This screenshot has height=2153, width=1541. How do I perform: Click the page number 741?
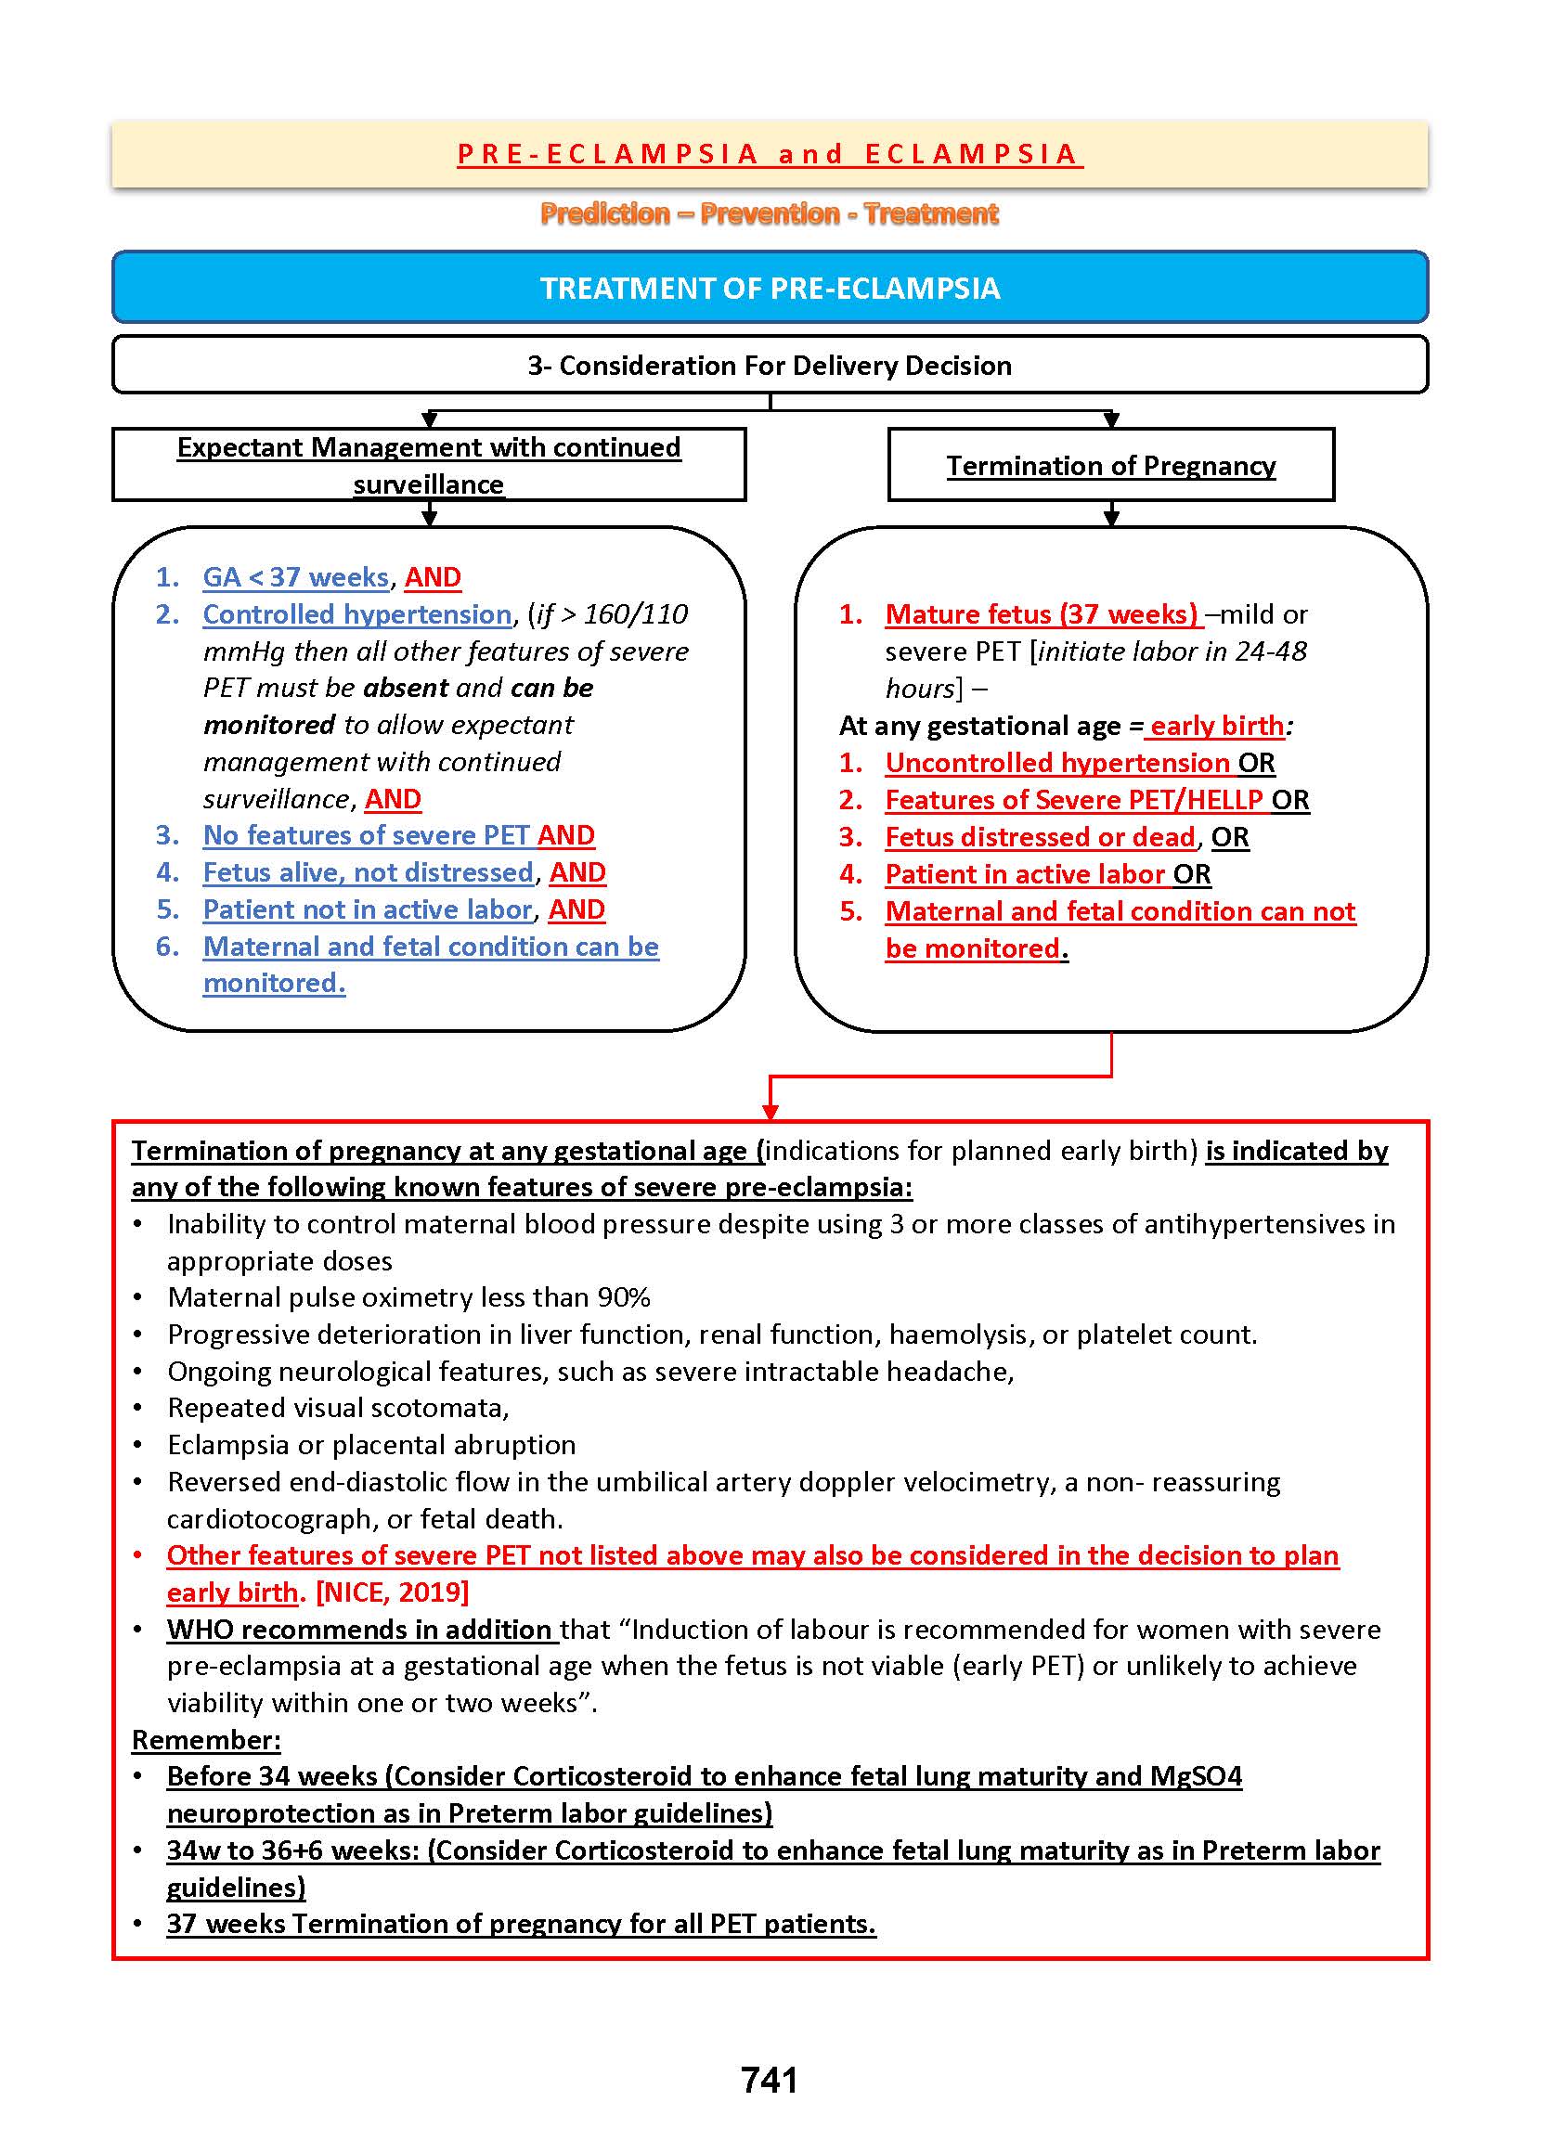(769, 2079)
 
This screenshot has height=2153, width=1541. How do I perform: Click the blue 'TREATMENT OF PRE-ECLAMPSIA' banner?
(770, 288)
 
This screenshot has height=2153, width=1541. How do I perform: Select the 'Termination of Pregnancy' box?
(1110, 465)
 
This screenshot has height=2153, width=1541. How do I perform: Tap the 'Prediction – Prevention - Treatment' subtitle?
(769, 213)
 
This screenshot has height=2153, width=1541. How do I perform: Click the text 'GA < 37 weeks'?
(296, 576)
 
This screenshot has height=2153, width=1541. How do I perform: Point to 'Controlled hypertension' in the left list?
(357, 613)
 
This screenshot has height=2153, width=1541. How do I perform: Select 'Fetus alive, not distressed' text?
(369, 871)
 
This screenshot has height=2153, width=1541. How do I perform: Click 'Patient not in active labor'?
(368, 909)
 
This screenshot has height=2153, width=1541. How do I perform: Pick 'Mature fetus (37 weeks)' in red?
(1041, 613)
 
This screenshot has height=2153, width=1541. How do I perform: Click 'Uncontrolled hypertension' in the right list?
(1057, 763)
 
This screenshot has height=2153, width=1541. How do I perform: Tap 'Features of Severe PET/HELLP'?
(1073, 800)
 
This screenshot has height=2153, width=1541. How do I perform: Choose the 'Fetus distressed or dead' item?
(1039, 836)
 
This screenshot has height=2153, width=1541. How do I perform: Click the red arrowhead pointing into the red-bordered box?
(770, 1111)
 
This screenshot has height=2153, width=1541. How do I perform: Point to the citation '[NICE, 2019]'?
(392, 1592)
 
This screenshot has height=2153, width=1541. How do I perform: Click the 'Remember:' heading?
(206, 1739)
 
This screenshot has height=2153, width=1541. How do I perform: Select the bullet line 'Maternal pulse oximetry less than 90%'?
(409, 1296)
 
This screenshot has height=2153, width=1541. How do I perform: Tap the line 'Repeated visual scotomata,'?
(338, 1408)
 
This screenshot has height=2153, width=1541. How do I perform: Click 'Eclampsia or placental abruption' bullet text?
(371, 1445)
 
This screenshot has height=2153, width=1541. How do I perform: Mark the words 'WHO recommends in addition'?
(359, 1629)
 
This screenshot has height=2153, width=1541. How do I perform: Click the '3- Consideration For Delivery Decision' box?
(770, 365)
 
